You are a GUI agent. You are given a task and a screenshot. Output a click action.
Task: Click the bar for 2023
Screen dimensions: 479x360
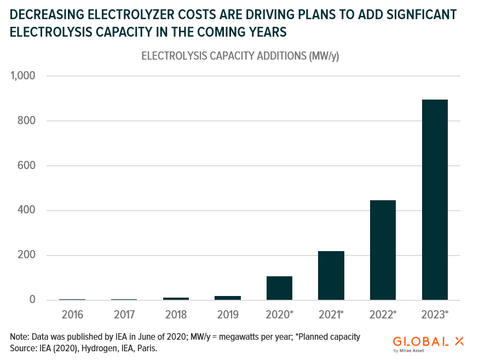click(435, 200)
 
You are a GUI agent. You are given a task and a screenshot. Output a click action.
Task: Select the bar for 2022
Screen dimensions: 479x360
click(383, 250)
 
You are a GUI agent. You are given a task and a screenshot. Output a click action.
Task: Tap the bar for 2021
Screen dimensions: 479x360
click(331, 275)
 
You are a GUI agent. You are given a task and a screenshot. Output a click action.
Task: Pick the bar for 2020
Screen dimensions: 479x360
click(279, 288)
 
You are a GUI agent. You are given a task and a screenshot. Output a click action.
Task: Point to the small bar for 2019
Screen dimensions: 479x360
click(228, 298)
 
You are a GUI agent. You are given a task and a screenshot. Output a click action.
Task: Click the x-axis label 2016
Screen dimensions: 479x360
click(72, 315)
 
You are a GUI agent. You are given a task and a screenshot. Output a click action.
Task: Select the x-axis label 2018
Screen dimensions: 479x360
click(176, 315)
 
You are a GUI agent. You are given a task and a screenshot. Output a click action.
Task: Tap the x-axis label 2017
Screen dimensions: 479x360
click(124, 315)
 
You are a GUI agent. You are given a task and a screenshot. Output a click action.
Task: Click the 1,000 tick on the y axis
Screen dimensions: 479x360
click(23, 76)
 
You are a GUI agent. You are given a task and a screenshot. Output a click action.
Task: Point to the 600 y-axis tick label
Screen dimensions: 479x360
click(27, 165)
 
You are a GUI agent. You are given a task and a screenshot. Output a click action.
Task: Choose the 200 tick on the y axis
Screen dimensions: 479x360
click(27, 254)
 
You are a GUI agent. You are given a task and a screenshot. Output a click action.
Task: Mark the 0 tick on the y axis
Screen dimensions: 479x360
click(32, 299)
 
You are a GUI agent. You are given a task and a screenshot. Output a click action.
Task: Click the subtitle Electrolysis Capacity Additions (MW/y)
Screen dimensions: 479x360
click(240, 56)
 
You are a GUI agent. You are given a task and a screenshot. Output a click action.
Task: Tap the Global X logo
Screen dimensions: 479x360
click(428, 344)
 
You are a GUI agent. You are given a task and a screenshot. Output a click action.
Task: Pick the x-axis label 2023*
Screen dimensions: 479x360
click(435, 315)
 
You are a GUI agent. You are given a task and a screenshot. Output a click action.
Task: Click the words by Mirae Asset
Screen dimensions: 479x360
click(409, 351)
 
